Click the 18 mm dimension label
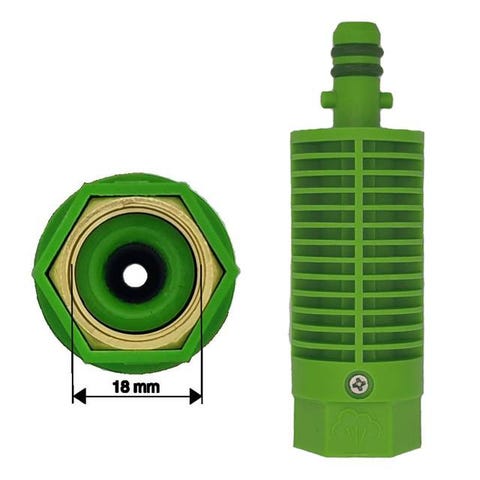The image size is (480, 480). coord(136,387)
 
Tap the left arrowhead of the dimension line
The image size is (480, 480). coord(79,396)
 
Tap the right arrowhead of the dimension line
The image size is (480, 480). coord(196,396)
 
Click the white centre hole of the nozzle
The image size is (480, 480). coord(135,275)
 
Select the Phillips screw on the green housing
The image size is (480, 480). coord(359,385)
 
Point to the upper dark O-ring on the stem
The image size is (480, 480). coord(357,52)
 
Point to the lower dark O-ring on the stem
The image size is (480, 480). coord(357,70)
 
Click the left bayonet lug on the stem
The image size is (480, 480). coord(327,99)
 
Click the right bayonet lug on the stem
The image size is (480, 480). coord(386,100)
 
